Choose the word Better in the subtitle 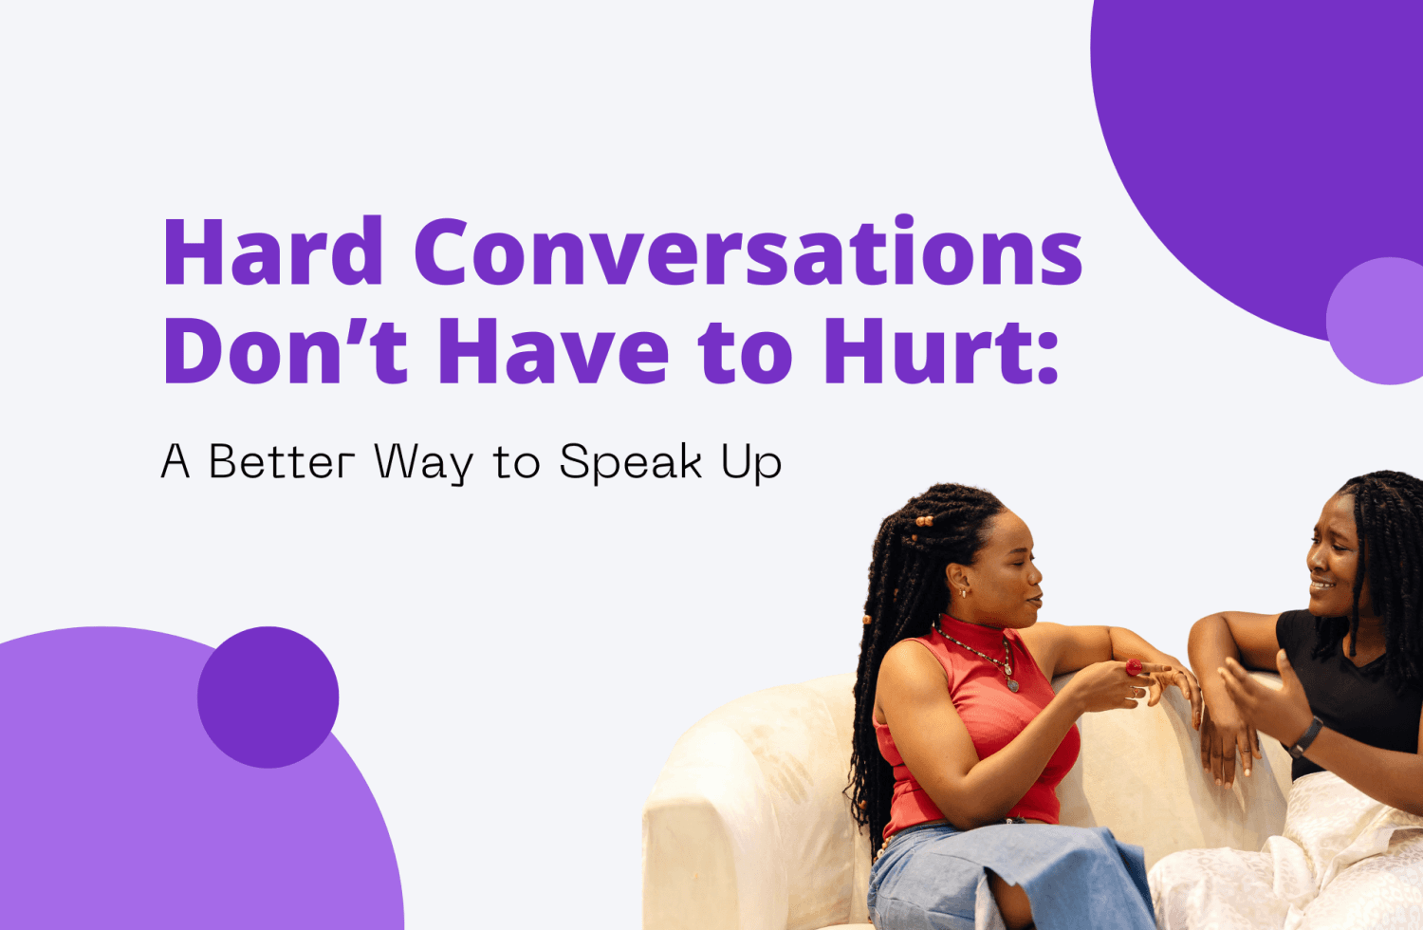(x=281, y=462)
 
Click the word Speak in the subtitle (x=631, y=463)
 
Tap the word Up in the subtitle (x=751, y=464)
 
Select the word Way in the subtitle (x=423, y=463)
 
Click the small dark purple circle (x=268, y=697)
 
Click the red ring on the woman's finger (x=1135, y=667)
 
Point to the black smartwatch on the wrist (x=1306, y=735)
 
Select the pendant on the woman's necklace (x=1012, y=681)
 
